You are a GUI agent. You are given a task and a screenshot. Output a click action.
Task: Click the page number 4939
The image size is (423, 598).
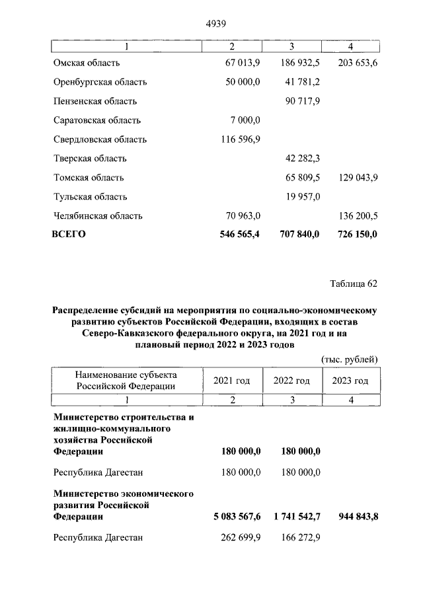tap(217, 24)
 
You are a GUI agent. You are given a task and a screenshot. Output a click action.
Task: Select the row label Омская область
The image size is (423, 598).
tap(87, 63)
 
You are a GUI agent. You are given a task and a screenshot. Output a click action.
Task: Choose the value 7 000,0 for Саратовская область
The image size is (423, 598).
tap(244, 120)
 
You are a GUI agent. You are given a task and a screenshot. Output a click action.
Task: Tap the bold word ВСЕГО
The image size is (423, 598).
tap(69, 234)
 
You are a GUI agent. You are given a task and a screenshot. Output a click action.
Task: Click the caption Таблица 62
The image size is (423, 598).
tap(354, 284)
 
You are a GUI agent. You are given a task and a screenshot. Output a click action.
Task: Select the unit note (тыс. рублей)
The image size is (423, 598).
tap(349, 359)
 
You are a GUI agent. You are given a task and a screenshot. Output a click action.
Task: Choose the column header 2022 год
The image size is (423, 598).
tap(291, 381)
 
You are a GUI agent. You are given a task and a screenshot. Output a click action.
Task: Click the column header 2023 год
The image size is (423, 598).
tap(350, 381)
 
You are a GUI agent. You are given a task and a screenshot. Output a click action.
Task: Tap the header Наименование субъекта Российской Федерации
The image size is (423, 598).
tap(126, 381)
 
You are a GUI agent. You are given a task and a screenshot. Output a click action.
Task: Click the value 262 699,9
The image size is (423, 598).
tap(239, 538)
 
